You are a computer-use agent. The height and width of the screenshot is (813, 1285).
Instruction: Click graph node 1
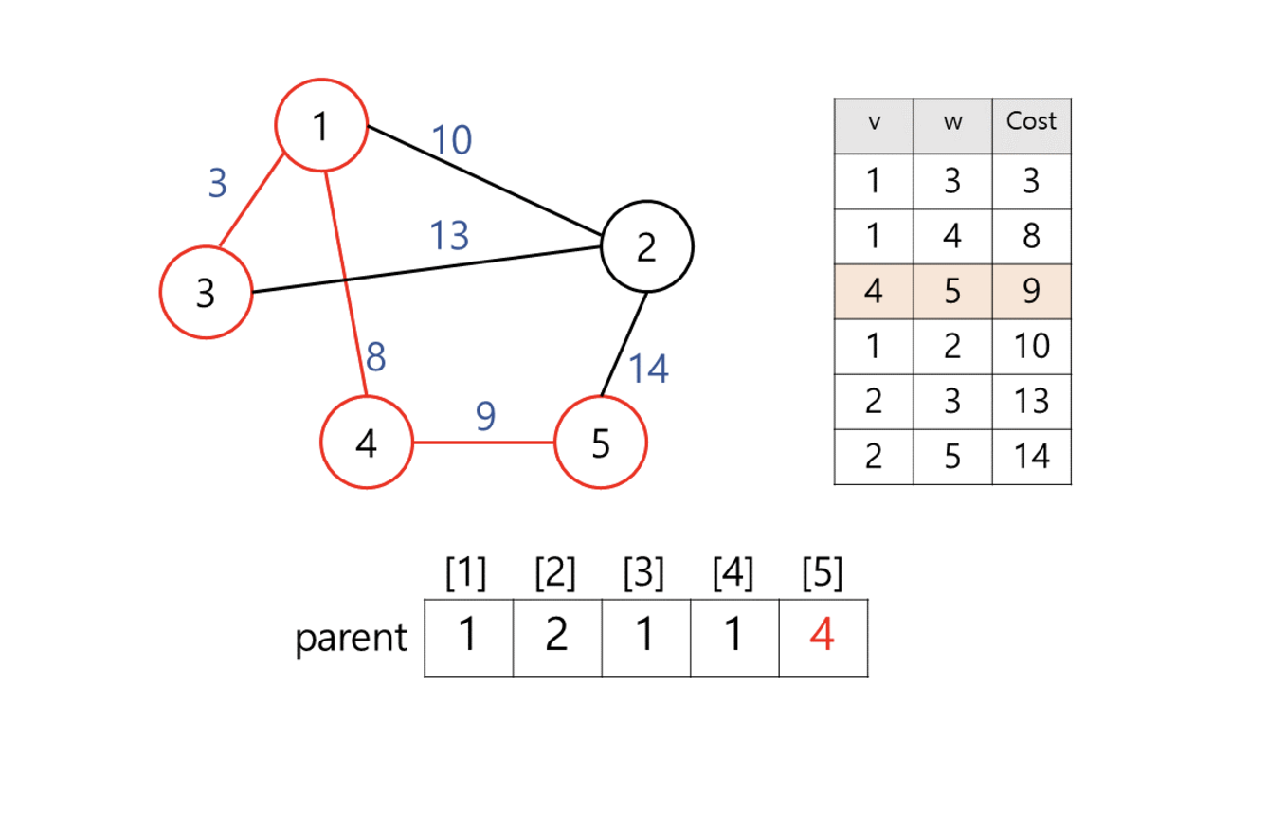point(320,125)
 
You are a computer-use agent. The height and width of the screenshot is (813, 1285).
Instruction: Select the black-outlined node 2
point(646,246)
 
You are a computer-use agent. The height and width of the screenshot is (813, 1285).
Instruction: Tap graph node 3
point(206,292)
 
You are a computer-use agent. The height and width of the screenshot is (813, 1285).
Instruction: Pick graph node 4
point(367,443)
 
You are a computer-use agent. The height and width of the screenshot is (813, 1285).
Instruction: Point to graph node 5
point(600,443)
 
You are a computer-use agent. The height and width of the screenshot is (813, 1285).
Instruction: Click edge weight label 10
point(452,140)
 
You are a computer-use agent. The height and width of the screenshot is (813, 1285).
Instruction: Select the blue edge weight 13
point(448,235)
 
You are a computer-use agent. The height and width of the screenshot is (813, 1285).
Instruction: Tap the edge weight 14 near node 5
point(648,369)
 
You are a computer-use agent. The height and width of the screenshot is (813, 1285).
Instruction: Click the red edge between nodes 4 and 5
point(483,443)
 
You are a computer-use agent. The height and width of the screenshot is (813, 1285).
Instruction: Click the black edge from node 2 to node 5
point(624,344)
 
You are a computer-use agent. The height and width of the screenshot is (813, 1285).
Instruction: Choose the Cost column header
point(1031,122)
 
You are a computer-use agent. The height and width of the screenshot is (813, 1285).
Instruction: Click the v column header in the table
point(874,124)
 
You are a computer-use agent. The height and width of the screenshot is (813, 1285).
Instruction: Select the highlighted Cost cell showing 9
point(1031,292)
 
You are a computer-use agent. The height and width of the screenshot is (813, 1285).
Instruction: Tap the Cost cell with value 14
point(1031,457)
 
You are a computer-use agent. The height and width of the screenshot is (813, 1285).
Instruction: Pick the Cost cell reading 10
point(1031,346)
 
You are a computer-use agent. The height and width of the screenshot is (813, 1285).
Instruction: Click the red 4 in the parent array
point(823,635)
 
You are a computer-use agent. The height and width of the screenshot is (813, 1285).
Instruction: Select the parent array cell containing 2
point(556,635)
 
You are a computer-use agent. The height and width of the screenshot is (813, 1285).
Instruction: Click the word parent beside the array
point(351,638)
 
